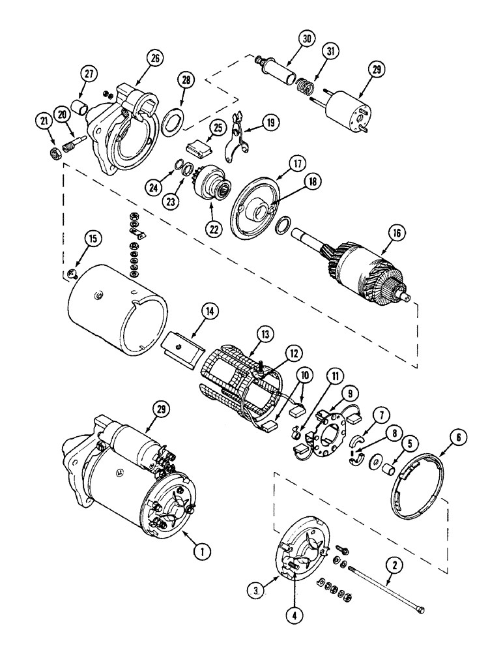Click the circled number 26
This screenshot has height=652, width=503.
154,58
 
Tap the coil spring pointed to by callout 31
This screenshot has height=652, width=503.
307,86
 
